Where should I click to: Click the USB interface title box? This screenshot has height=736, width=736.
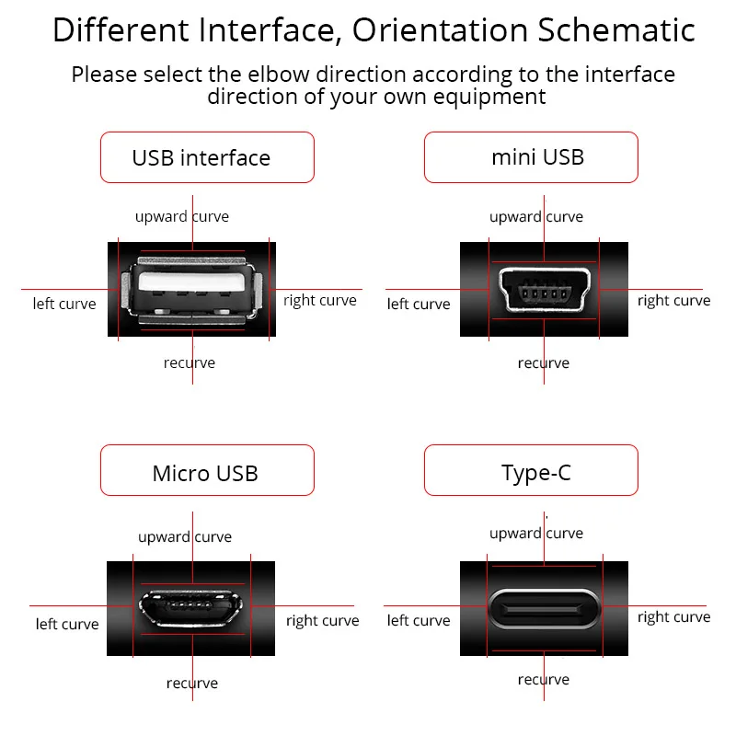[207, 157]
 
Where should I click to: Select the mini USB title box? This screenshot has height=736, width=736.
[531, 157]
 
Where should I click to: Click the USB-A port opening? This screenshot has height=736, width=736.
[191, 288]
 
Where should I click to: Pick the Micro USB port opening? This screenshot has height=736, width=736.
[191, 606]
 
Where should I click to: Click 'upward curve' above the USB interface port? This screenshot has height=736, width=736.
[182, 217]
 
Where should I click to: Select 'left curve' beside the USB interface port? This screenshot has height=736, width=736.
[64, 304]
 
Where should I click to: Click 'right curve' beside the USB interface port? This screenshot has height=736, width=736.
[319, 300]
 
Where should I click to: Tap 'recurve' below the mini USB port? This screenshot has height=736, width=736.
[543, 363]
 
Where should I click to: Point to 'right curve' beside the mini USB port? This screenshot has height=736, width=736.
[673, 300]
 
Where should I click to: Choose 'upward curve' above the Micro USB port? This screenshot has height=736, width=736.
[185, 537]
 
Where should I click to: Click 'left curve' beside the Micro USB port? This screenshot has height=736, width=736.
[67, 625]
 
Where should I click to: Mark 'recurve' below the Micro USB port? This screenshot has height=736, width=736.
[192, 684]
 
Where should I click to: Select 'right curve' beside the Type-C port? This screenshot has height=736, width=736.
[673, 617]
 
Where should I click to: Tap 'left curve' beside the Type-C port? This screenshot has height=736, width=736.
[419, 621]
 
